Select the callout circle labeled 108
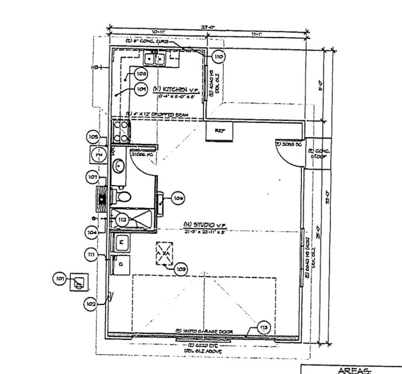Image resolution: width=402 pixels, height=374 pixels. click(141, 74)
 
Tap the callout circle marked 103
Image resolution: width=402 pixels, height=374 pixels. click(181, 269)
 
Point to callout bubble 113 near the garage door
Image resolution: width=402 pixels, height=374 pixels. click(264, 327)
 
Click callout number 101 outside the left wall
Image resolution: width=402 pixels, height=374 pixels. click(61, 279)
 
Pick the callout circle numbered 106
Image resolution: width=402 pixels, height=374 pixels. click(179, 198)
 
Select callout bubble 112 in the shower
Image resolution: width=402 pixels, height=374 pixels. click(123, 219)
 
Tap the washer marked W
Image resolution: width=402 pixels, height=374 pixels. click(121, 243)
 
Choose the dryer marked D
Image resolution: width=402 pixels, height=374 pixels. click(121, 265)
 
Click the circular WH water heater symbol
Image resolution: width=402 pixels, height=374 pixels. click(99, 155)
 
